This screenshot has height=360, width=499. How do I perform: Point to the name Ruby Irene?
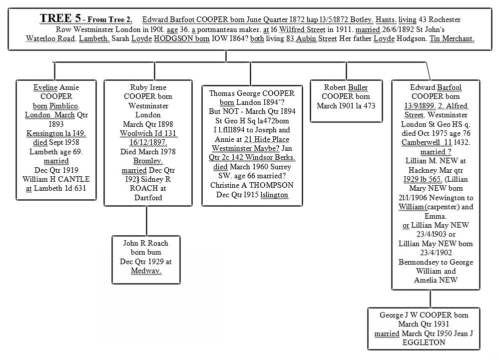[146, 87]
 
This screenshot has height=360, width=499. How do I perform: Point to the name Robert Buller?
[345, 87]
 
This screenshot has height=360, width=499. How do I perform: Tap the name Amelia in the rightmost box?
[427, 280]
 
